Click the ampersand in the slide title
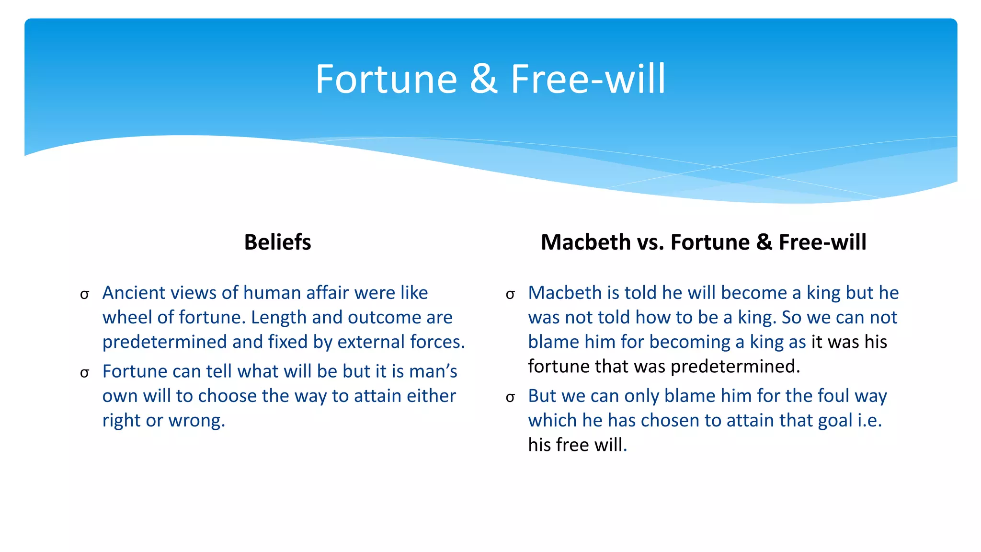(484, 79)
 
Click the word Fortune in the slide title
(386, 79)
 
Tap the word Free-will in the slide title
(588, 79)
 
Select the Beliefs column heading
(277, 242)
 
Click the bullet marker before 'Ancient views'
(85, 294)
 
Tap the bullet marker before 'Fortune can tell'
(85, 373)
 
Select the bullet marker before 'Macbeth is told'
(510, 294)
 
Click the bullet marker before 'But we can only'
(510, 397)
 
